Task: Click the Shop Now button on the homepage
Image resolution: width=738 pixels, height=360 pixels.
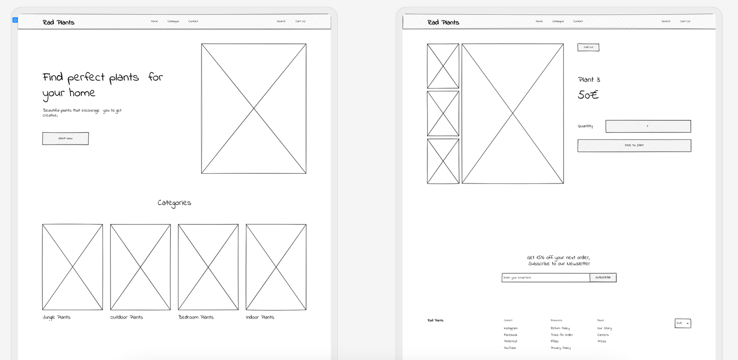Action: (65, 138)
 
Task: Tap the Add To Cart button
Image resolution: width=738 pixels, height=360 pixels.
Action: (634, 146)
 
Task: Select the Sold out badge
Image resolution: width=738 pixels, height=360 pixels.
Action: (588, 47)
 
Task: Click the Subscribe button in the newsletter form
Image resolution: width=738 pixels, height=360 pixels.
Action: (603, 277)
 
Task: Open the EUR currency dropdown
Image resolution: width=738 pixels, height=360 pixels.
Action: (683, 323)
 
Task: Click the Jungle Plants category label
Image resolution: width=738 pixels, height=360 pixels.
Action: (57, 317)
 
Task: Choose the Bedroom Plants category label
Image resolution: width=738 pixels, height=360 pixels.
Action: (196, 317)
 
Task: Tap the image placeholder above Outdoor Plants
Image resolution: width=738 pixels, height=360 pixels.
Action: (140, 267)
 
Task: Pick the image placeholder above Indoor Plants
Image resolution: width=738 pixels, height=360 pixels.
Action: (276, 267)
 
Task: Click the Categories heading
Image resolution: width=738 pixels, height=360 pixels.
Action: (174, 203)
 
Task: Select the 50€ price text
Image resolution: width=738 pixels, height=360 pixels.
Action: (588, 95)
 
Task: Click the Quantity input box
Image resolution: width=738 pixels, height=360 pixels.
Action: (648, 126)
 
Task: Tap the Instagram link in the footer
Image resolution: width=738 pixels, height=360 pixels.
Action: (511, 329)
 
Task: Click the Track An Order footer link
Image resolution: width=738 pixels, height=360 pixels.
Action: (562, 335)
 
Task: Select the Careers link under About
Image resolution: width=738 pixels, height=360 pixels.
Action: (603, 335)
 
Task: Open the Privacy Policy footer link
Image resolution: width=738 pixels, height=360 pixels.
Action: (560, 348)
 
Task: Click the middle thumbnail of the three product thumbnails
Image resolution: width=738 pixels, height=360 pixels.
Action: (443, 113)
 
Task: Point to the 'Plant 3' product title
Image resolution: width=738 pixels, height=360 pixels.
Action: (589, 80)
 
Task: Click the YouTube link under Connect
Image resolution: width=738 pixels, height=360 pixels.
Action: (510, 348)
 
